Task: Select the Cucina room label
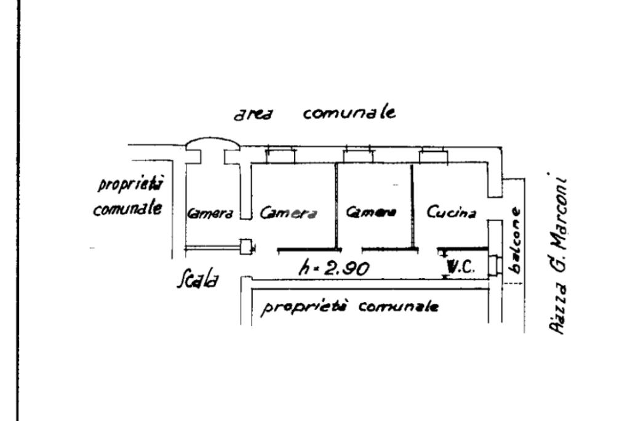452,213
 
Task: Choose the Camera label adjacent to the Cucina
371,213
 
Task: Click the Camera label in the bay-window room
210,214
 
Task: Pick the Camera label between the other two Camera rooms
289,213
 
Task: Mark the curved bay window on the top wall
212,143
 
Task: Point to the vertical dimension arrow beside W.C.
444,264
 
